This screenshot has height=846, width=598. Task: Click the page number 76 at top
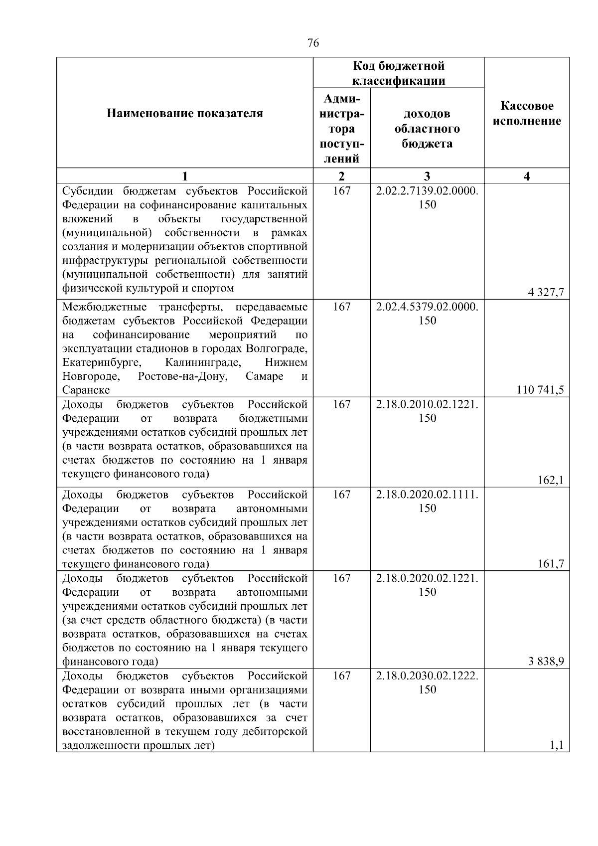tap(313, 43)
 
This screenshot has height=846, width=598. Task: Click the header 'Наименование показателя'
tap(185, 114)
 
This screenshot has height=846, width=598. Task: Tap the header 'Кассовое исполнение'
tap(527, 114)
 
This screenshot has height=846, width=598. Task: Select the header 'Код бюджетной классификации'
tap(399, 73)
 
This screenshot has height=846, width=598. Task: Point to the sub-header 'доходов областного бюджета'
tap(427, 129)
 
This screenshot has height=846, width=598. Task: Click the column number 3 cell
tap(427, 176)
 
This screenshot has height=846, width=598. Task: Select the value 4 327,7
tap(546, 293)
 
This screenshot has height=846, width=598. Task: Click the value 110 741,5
tap(541, 390)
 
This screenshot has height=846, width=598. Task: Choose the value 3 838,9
tap(546, 662)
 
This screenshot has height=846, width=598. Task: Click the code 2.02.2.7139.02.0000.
tap(427, 191)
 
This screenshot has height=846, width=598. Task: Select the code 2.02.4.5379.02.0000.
tap(427, 307)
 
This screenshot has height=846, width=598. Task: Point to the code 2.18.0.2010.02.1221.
tap(427, 404)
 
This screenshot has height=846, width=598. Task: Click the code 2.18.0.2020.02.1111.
tap(427, 495)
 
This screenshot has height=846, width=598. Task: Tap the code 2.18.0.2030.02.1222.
tap(427, 676)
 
